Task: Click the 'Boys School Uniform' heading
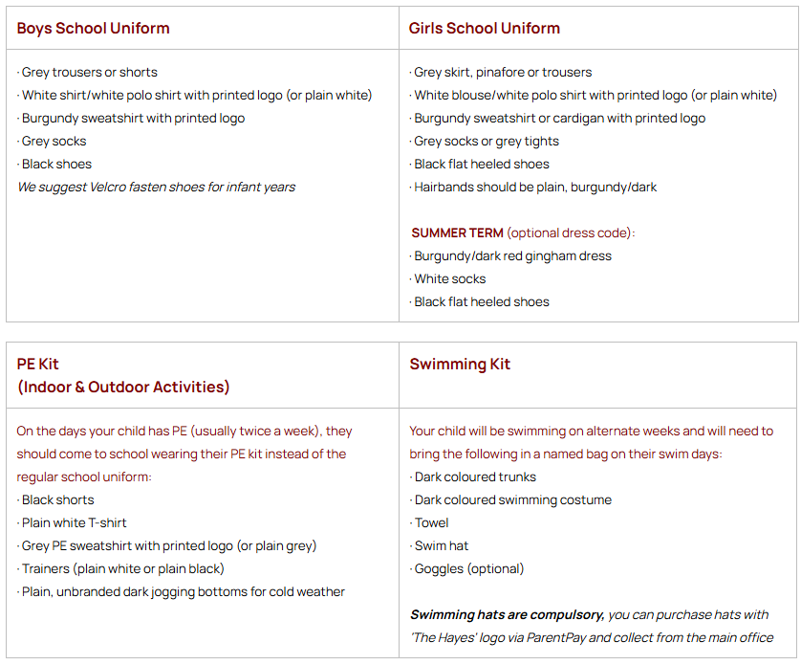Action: point(93,28)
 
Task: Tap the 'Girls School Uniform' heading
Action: point(484,28)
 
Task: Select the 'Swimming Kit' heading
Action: point(460,364)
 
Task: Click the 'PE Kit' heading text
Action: point(37,364)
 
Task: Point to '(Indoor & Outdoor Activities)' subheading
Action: point(122,387)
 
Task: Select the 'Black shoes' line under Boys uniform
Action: point(56,164)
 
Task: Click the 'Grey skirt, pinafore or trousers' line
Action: point(503,72)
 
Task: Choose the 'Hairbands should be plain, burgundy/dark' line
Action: point(535,187)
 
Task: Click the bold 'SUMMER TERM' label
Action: point(457,233)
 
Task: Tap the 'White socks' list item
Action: point(449,278)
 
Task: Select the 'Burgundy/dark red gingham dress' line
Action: point(512,255)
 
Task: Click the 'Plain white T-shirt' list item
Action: point(74,522)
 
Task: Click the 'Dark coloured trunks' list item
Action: point(475,477)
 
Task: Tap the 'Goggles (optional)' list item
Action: point(468,568)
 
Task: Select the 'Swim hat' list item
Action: point(441,545)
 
